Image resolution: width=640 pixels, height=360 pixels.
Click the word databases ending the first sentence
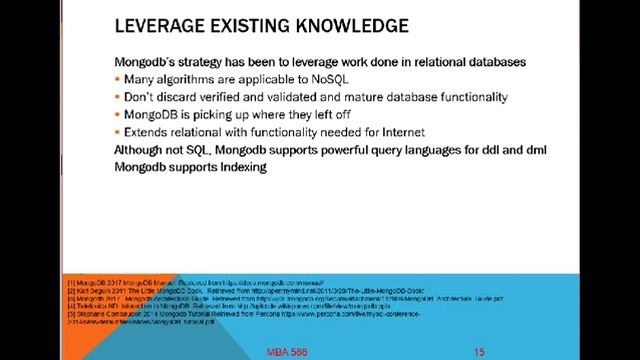(494, 62)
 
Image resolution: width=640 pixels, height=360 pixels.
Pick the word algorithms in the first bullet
(187, 79)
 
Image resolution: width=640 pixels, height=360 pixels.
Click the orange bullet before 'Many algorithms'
(118, 79)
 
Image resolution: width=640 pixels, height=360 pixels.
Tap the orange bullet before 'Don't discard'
(118, 97)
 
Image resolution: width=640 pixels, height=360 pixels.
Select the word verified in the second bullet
(226, 97)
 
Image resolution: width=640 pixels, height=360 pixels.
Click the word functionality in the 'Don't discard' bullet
(470, 97)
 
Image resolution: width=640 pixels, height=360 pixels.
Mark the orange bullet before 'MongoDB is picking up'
(118, 115)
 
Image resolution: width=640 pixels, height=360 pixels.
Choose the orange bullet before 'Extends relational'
(118, 132)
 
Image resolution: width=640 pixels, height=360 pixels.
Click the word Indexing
(240, 167)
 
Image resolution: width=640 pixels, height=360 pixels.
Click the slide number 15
(479, 352)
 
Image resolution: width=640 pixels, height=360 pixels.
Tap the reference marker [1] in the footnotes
(70, 284)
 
